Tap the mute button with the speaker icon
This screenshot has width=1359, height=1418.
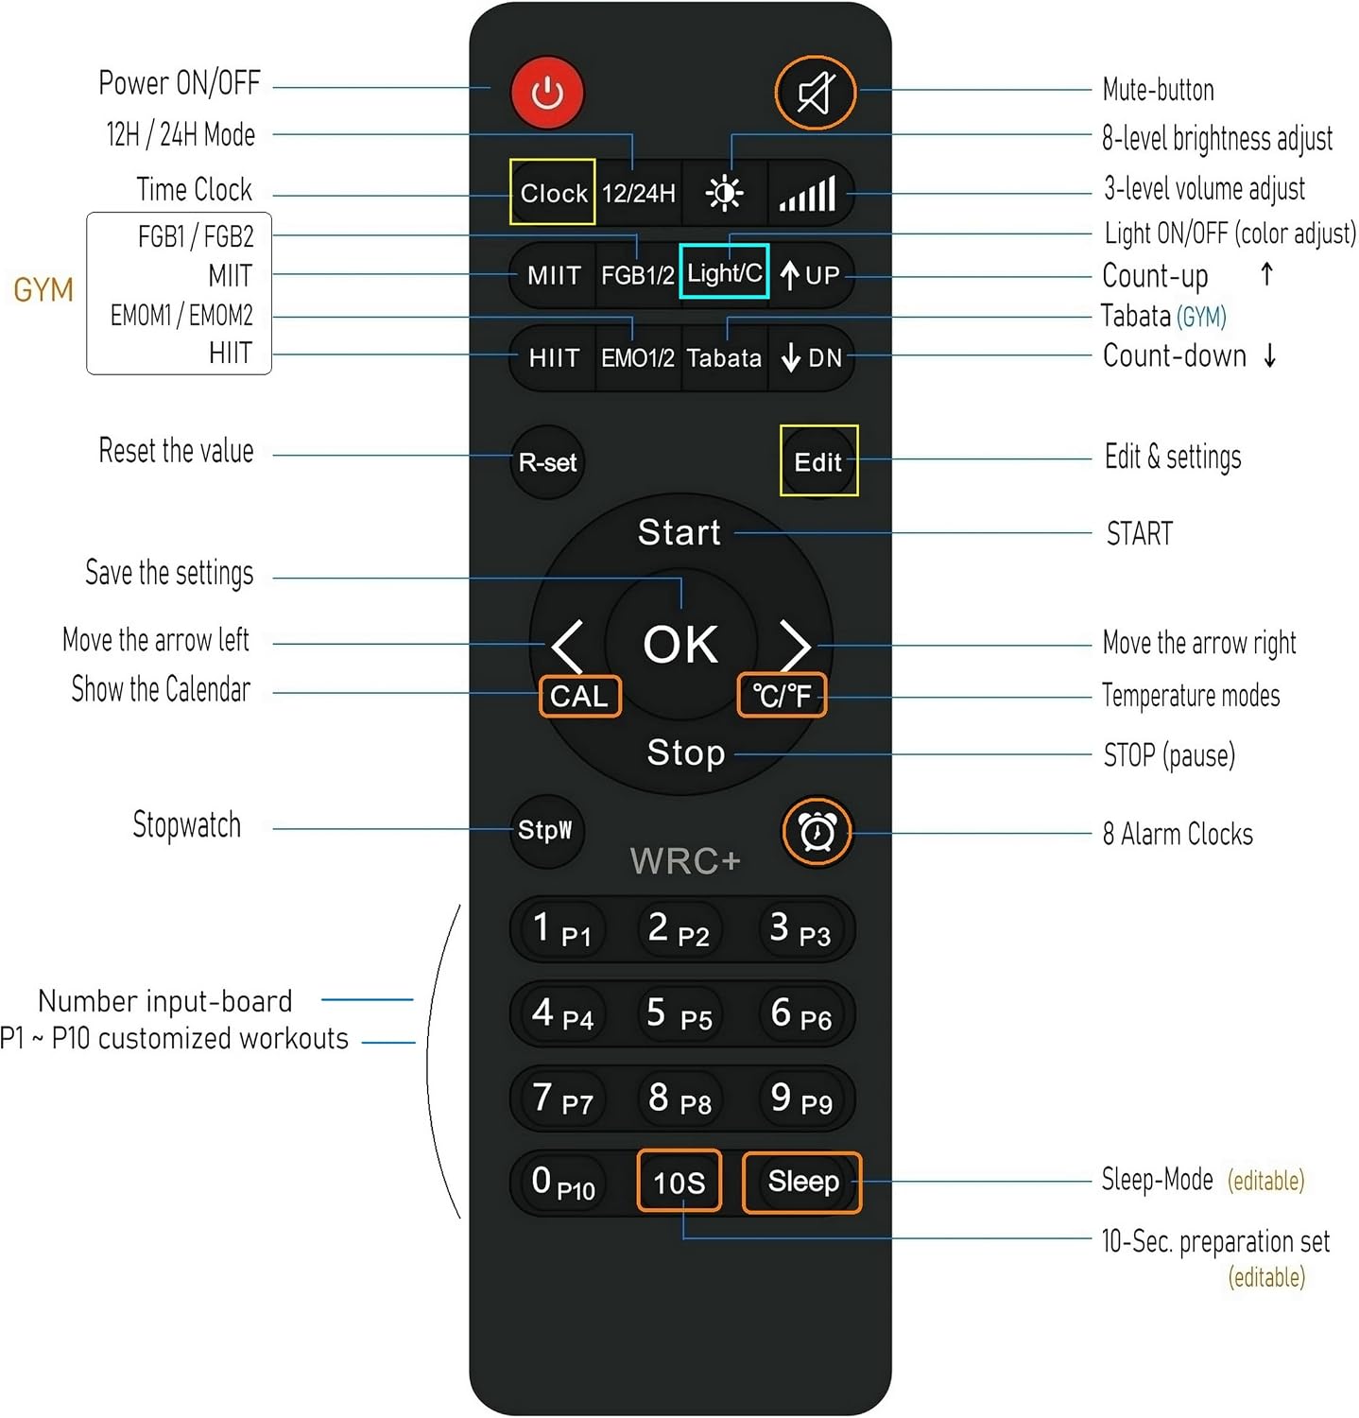point(816,93)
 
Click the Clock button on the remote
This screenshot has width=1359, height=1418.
point(553,193)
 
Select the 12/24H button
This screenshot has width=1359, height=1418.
point(639,193)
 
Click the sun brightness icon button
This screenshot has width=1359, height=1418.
point(725,193)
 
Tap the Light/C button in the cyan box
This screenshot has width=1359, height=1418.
point(724,272)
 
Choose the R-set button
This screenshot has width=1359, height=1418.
point(547,462)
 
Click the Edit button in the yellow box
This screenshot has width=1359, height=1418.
point(818,461)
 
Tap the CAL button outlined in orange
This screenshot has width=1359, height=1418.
point(579,697)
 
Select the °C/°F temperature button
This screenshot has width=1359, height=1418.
point(782,696)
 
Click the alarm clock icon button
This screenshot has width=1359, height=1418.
point(817,832)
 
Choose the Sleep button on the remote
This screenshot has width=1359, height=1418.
point(803,1182)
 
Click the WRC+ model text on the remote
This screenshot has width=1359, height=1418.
point(685,861)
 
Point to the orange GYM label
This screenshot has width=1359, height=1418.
point(43,289)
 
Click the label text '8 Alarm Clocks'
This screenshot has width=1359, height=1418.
point(1178,834)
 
